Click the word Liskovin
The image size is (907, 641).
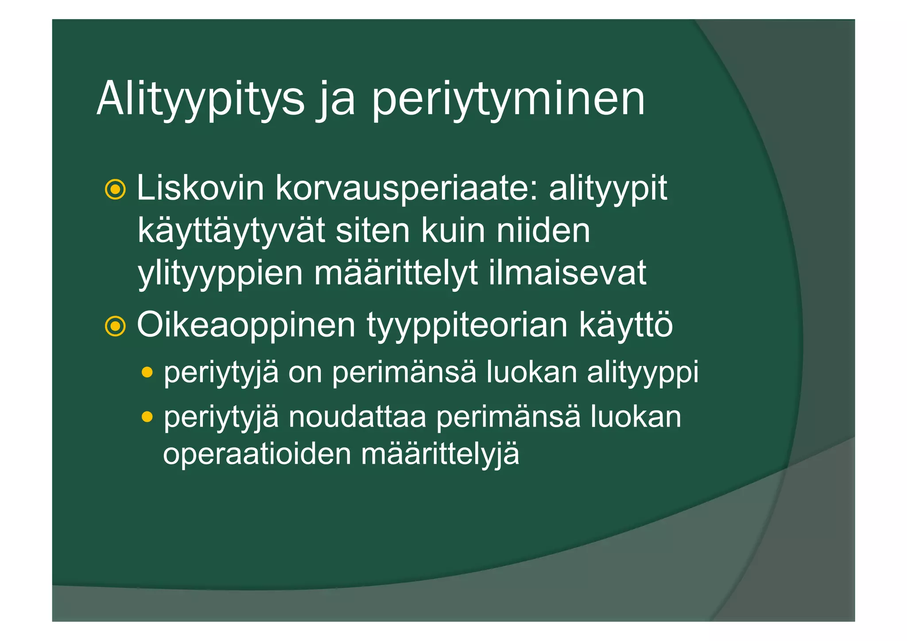tap(201, 189)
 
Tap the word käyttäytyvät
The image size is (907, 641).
tap(231, 231)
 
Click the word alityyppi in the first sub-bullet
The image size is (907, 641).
tap(643, 373)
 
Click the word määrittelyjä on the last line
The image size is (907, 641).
tap(440, 454)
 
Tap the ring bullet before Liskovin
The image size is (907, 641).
tap(115, 190)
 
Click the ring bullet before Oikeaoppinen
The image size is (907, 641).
tap(115, 326)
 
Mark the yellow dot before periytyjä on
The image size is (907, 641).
tap(147, 372)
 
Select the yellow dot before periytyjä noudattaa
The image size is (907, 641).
tap(147, 417)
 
